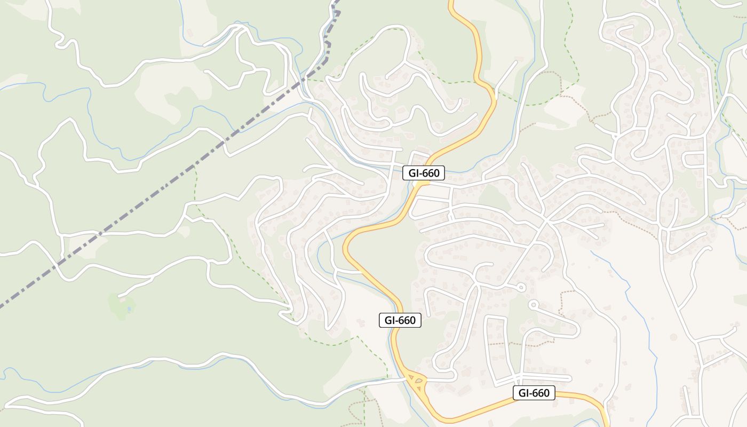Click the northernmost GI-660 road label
point(423,173)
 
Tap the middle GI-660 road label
point(400,320)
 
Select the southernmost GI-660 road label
point(534,393)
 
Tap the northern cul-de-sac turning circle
point(521,288)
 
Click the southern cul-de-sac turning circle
point(533,304)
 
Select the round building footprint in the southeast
point(673,337)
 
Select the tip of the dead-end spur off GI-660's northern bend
point(516,62)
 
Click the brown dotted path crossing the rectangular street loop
point(502,344)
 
